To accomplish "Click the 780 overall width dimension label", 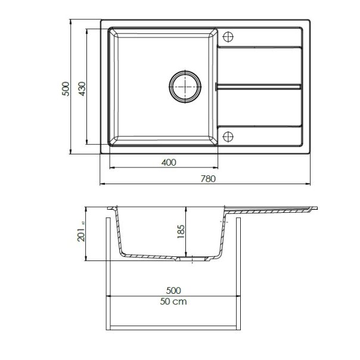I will point(206,178).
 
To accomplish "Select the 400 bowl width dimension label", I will point(169,162).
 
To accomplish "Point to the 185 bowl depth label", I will point(182,231).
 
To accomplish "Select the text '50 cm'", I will point(173,302).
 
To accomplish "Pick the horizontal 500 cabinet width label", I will point(173,291).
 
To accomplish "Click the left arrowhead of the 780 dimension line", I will point(102,183).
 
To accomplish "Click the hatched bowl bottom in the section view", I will point(149,256).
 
